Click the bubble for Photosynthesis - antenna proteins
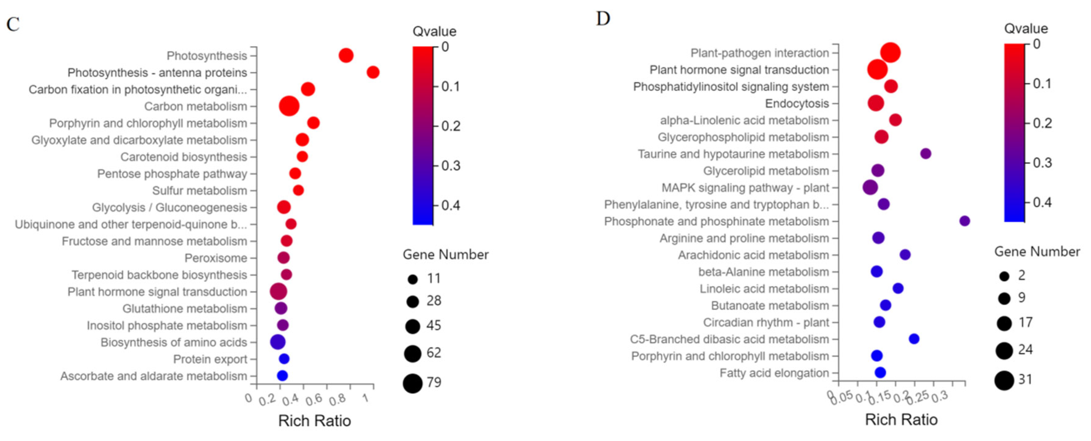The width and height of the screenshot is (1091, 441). click(373, 72)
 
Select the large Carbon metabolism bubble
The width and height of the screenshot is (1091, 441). click(289, 106)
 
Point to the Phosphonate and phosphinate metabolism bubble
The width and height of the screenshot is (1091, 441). click(964, 221)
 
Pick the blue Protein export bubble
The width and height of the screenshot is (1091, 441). click(284, 359)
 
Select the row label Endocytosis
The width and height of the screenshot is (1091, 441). click(797, 104)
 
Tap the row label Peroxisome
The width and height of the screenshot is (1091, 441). click(216, 258)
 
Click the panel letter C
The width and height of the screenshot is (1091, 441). click(13, 24)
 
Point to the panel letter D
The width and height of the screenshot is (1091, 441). click(603, 19)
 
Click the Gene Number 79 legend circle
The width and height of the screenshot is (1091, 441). click(412, 383)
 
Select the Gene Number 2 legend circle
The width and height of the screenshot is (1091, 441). click(1004, 276)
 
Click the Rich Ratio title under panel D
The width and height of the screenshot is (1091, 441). click(901, 420)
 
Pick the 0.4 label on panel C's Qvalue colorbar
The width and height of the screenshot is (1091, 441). click(451, 206)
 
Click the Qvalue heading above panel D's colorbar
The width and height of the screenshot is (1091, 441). click(1026, 29)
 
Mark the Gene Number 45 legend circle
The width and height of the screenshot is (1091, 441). click(412, 326)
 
